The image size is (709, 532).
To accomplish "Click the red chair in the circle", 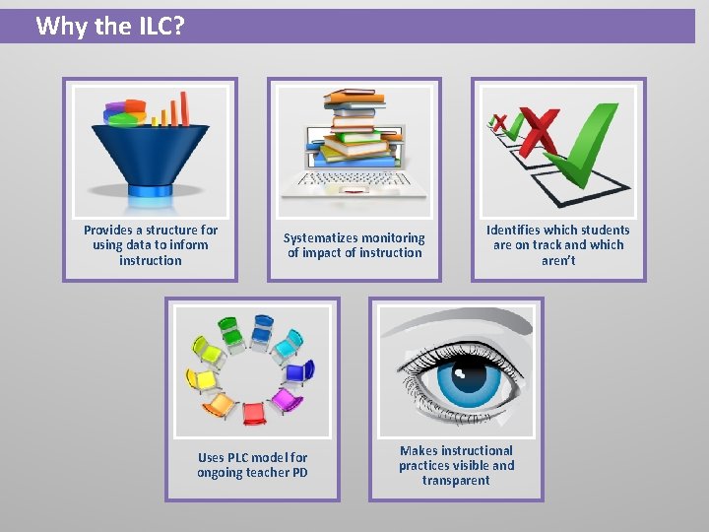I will pyautogui.click(x=254, y=412).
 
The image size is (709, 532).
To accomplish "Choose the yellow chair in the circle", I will pyautogui.click(x=205, y=379).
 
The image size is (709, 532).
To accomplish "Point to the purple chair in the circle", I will pyautogui.click(x=286, y=399).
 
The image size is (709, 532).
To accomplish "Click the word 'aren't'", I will pyautogui.click(x=558, y=261).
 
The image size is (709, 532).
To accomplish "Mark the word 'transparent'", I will pyautogui.click(x=456, y=481).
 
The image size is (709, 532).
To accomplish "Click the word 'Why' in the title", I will pyautogui.click(x=61, y=26).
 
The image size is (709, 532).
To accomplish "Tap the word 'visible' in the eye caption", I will pyautogui.click(x=465, y=466).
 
